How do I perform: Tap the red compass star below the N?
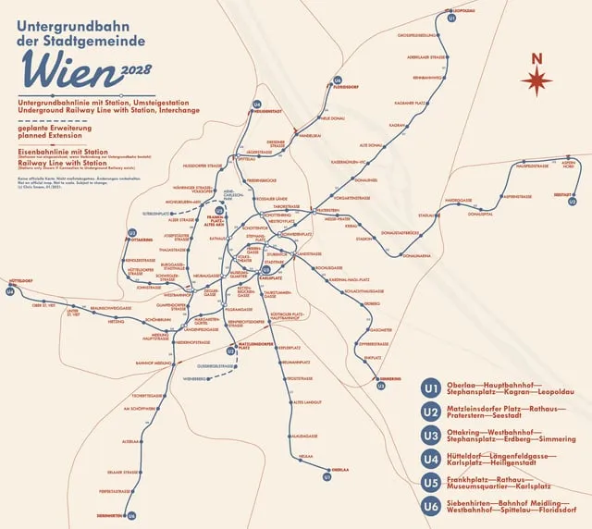(536, 82)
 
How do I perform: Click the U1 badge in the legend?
(430, 388)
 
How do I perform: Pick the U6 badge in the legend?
(430, 505)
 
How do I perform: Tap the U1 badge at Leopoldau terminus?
(451, 18)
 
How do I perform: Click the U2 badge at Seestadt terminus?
(573, 201)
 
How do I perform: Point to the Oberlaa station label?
(340, 470)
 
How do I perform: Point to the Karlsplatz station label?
(270, 277)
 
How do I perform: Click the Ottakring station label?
(142, 239)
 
